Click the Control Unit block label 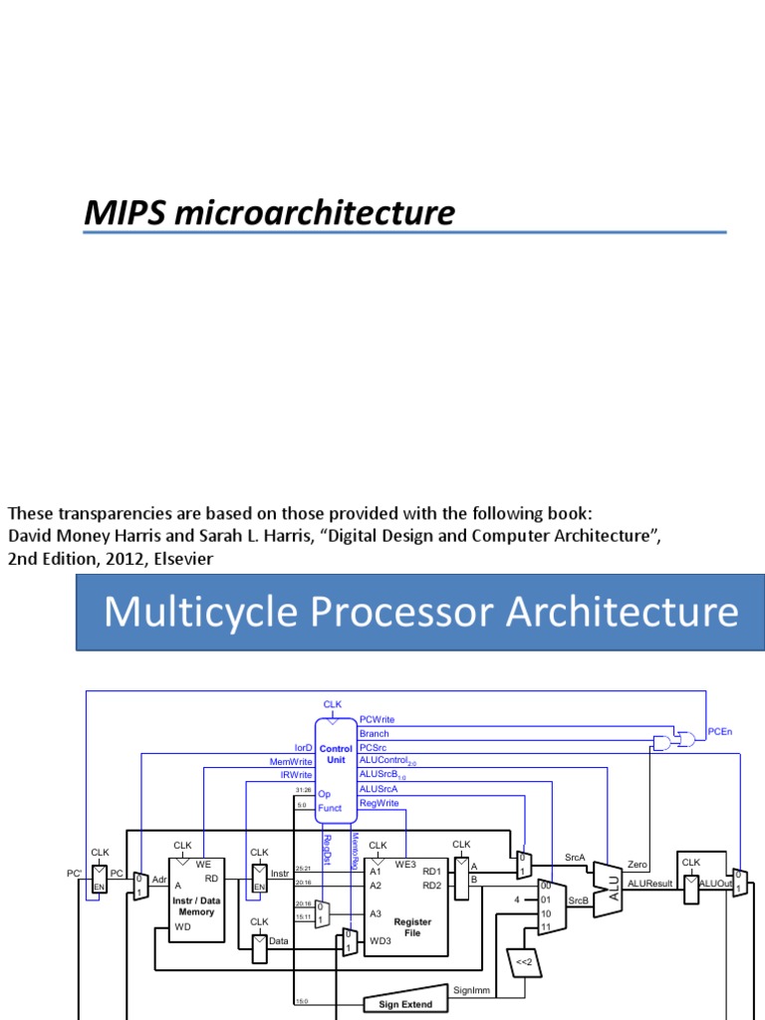pos(336,754)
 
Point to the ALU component pos(612,881)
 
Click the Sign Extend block pos(405,1004)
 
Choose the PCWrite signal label pos(378,718)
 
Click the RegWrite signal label pos(379,802)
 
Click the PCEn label pos(719,732)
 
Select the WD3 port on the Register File pos(380,939)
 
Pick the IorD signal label pos(302,747)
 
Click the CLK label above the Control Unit pos(333,704)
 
